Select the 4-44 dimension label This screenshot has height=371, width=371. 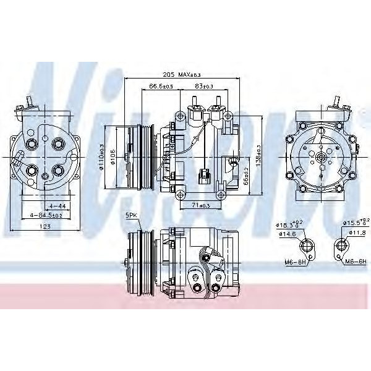57,205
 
